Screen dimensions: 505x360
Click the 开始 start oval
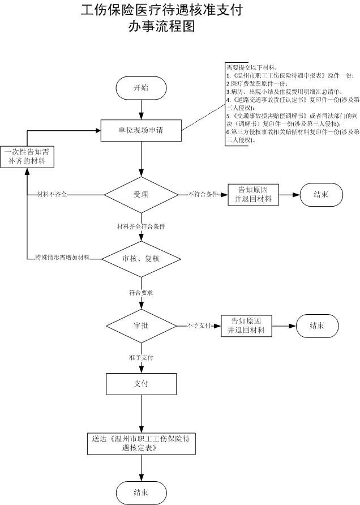click(x=141, y=88)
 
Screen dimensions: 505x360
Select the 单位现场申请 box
click(x=141, y=130)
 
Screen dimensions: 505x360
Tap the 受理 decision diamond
click(x=141, y=194)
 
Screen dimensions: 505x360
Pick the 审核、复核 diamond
click(x=141, y=258)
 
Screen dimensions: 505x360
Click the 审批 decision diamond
click(x=141, y=326)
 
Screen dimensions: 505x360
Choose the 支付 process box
click(x=141, y=383)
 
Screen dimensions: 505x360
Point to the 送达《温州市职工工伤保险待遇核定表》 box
click(x=141, y=443)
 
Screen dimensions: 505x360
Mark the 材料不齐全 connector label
click(x=52, y=194)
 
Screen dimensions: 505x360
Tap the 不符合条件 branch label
click(x=203, y=194)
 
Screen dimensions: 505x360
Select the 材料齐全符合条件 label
click(x=141, y=226)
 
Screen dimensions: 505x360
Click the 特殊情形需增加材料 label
click(x=62, y=258)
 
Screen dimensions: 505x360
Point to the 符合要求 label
click(x=141, y=293)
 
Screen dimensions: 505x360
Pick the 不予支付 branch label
click(x=199, y=326)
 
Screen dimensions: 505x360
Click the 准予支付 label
click(x=141, y=358)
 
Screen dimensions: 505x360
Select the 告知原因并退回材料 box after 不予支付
click(x=246, y=326)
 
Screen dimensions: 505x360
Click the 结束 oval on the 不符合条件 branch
click(x=321, y=194)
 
